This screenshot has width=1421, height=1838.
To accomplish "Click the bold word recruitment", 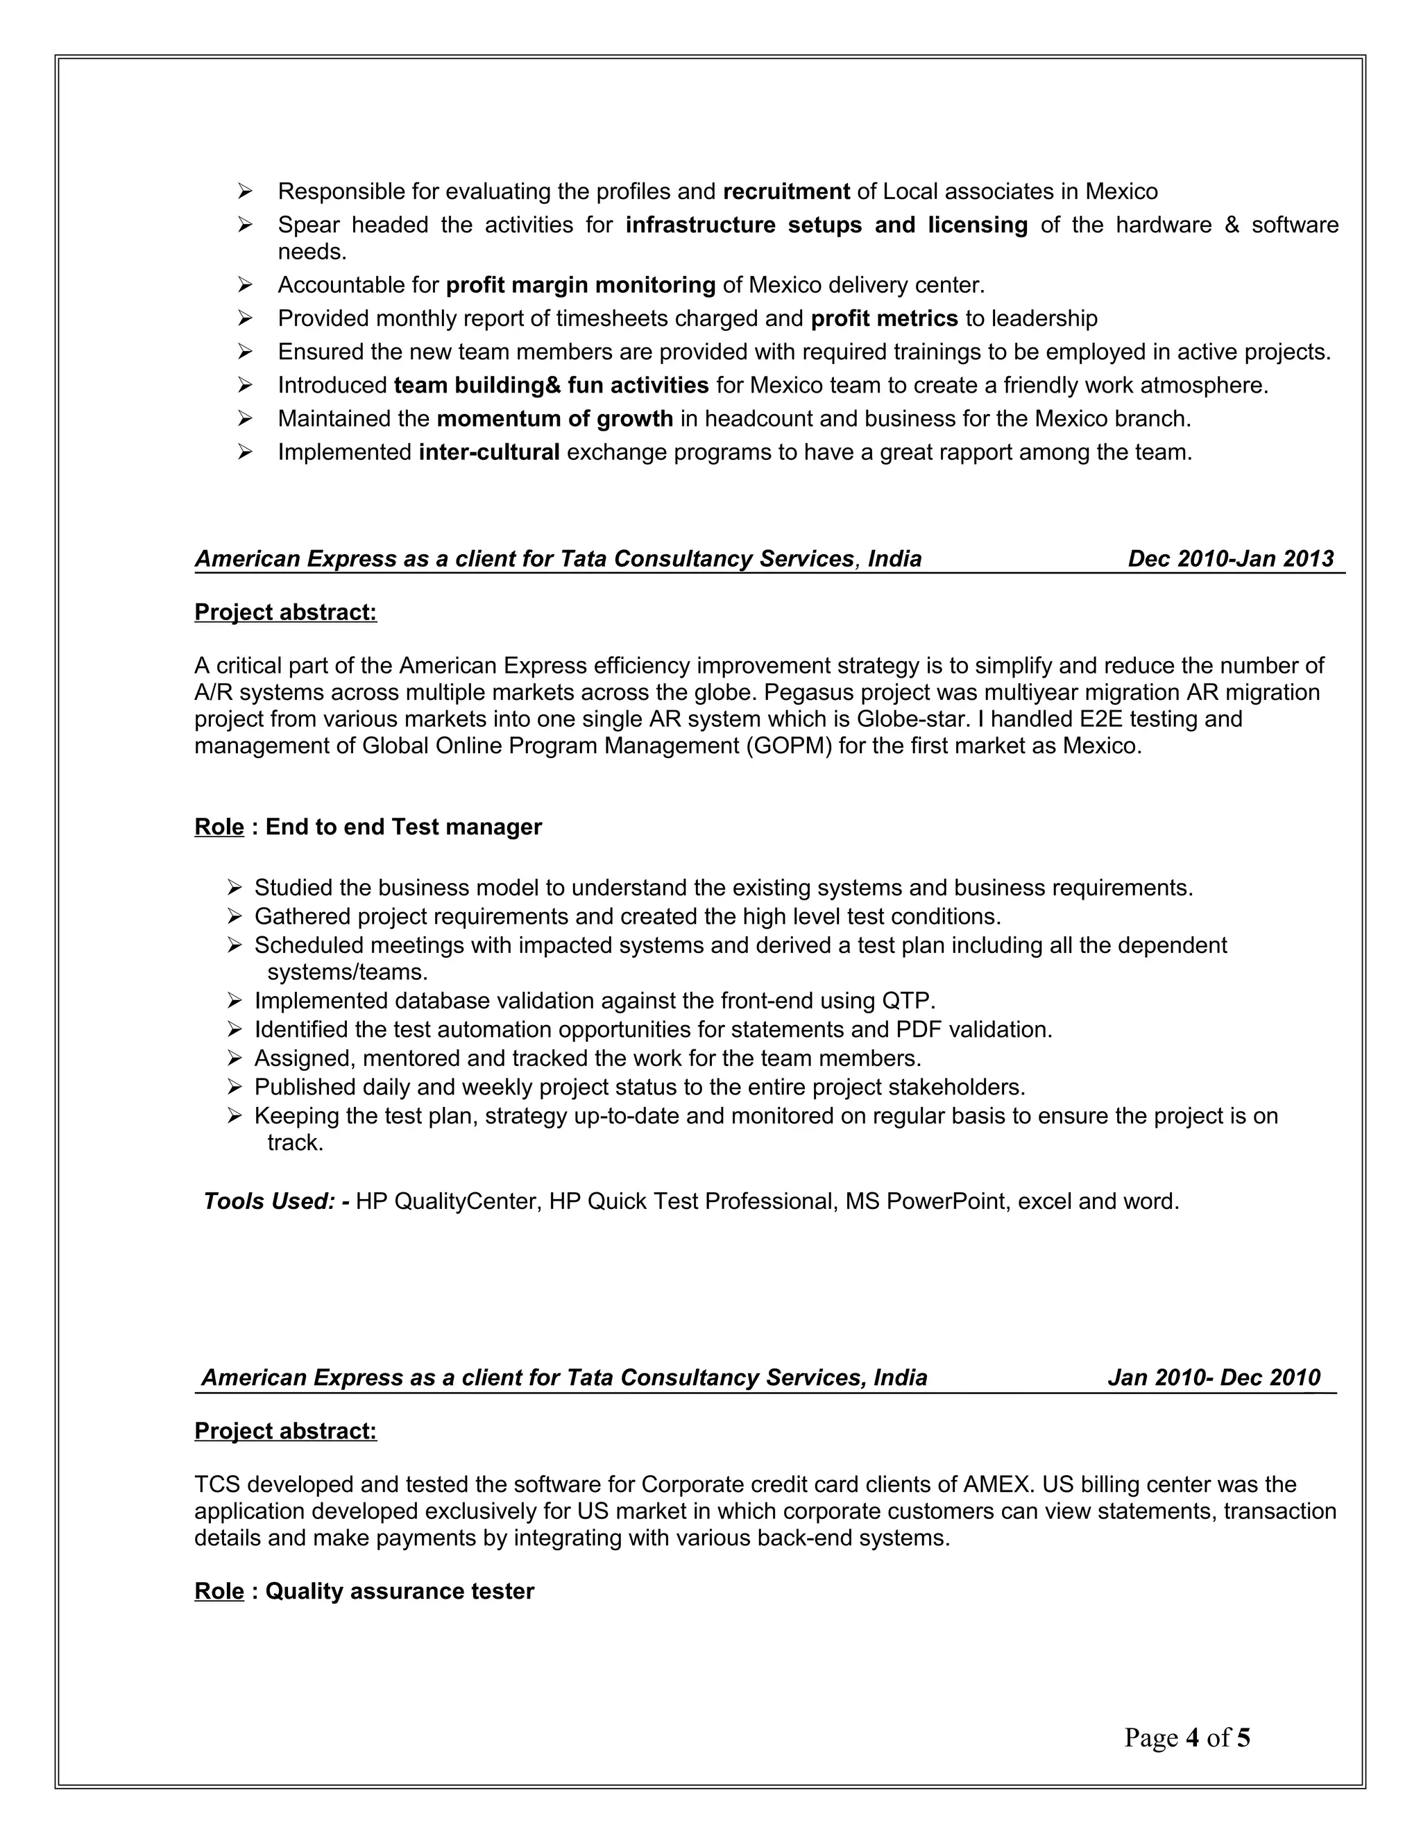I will pyautogui.click(x=786, y=192).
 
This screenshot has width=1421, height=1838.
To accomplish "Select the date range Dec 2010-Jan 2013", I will pyautogui.click(x=1231, y=559).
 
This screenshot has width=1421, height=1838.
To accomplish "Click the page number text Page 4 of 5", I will pyautogui.click(x=1187, y=1738).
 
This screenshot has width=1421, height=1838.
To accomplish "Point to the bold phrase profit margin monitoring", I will pyautogui.click(x=581, y=285).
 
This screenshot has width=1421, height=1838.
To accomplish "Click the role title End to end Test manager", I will pyautogui.click(x=403, y=827).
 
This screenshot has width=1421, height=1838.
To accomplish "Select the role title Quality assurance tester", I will pyautogui.click(x=400, y=1591).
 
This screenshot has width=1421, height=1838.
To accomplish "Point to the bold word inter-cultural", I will pyautogui.click(x=489, y=453).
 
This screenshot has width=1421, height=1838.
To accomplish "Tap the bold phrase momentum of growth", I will pyautogui.click(x=555, y=419).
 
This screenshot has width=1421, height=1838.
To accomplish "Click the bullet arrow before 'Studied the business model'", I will pyautogui.click(x=235, y=888).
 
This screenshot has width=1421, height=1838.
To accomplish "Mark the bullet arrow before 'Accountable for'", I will pyautogui.click(x=245, y=285).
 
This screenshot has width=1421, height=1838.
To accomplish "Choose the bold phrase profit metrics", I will pyautogui.click(x=884, y=319).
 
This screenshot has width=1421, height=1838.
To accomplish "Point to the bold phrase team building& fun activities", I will pyautogui.click(x=552, y=386).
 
